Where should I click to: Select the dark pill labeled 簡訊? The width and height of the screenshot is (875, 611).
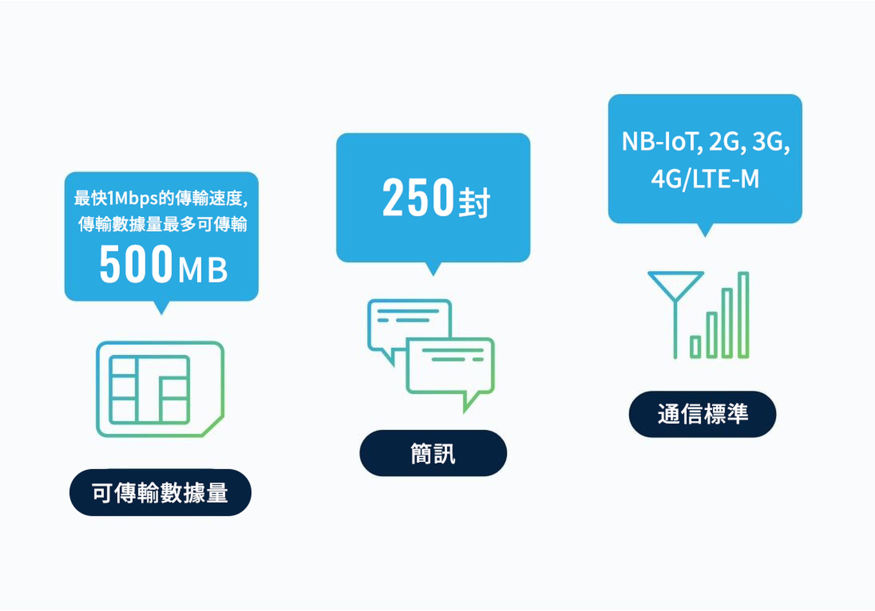click(x=433, y=453)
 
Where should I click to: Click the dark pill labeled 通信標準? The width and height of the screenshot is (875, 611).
click(x=702, y=414)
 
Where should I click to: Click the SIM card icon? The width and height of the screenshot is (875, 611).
click(x=160, y=389)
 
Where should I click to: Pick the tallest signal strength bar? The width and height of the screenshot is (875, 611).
click(x=743, y=315)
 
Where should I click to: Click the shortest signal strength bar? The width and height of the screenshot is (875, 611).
click(x=695, y=347)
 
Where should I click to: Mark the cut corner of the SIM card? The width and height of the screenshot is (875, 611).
click(x=213, y=426)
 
